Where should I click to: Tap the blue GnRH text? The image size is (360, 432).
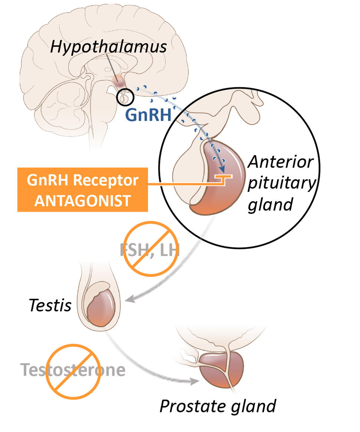(x=148, y=115)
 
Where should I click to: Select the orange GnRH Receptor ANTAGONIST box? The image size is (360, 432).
(x=82, y=190)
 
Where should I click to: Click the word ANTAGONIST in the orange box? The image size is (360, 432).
(x=82, y=200)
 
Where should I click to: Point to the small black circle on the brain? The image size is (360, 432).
(x=124, y=97)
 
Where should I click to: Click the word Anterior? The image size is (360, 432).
(x=281, y=162)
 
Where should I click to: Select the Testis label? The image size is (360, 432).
(x=50, y=306)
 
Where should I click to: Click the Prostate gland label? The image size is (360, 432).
(x=217, y=406)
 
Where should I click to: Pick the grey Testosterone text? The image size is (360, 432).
(x=73, y=370)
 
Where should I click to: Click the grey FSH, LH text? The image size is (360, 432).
(x=150, y=250)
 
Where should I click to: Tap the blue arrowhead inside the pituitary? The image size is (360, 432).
(x=223, y=170)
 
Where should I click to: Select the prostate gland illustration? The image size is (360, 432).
(x=222, y=369)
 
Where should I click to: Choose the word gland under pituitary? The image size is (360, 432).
(x=270, y=204)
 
